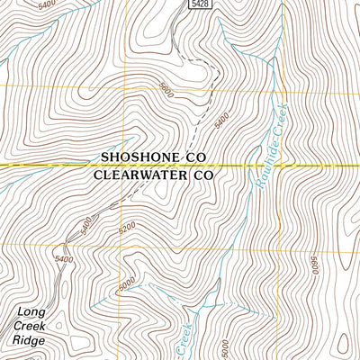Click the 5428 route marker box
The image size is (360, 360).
click(x=202, y=5)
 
